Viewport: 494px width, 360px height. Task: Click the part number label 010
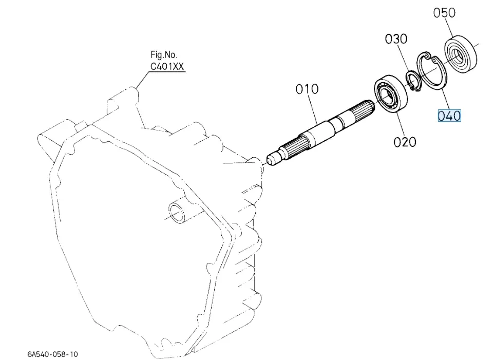pos(307,89)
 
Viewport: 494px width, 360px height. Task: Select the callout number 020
pos(405,142)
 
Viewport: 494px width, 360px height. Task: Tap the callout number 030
pos(396,39)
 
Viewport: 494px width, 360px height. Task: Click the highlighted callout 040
pos(449,116)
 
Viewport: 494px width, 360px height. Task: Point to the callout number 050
pos(444,13)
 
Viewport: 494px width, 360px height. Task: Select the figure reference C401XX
pos(167,66)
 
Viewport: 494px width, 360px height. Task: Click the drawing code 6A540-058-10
pos(53,354)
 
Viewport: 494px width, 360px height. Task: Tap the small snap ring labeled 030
pos(412,81)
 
